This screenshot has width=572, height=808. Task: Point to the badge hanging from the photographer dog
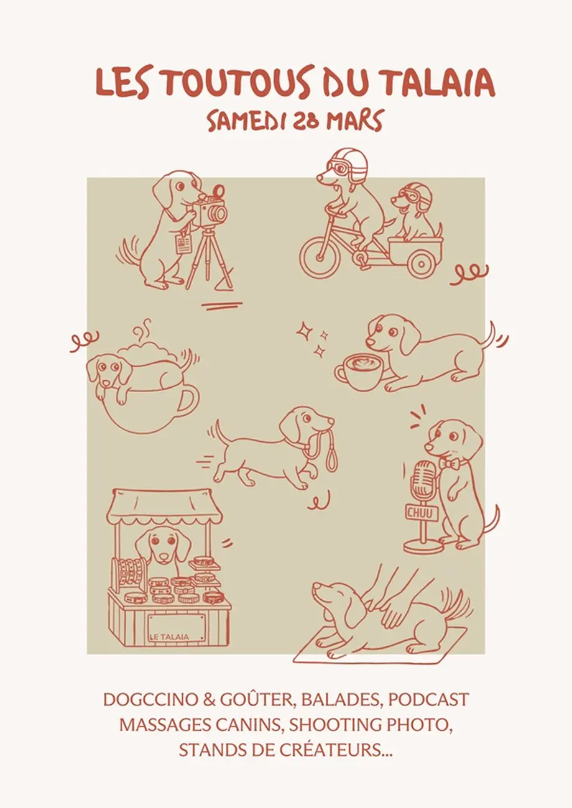click(x=184, y=244)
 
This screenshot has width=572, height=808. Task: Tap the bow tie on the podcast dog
click(x=450, y=463)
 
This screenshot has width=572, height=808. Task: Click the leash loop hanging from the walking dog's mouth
click(x=331, y=459)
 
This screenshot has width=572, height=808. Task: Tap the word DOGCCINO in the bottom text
click(x=151, y=700)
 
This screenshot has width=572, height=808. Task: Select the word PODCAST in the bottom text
click(x=423, y=700)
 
